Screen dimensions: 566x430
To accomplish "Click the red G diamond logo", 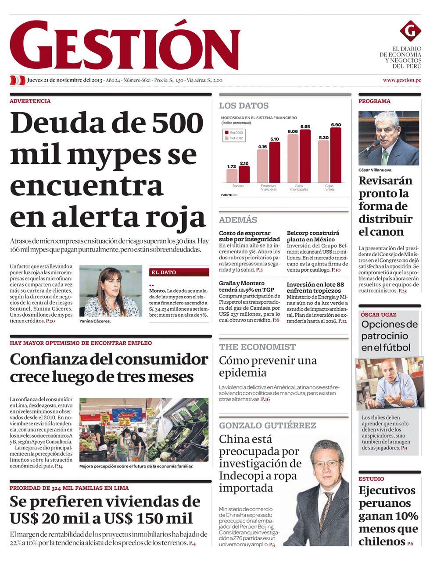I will (x=410, y=31).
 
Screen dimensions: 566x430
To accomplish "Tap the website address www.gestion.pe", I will (x=401, y=80).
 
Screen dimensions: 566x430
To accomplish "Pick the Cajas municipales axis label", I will (x=299, y=187).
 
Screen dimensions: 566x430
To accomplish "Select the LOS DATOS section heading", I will (x=244, y=106).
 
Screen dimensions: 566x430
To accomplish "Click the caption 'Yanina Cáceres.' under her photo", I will (x=95, y=321).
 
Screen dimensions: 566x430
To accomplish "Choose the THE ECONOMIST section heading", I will (x=257, y=347).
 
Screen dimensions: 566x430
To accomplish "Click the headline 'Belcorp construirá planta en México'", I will (x=313, y=236).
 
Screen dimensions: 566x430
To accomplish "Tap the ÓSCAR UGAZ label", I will (x=378, y=315).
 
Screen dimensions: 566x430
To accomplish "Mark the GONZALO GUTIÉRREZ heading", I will (x=267, y=425).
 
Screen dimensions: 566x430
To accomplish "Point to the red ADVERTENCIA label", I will (x=30, y=101).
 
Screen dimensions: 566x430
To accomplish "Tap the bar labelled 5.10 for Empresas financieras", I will (x=274, y=162).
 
